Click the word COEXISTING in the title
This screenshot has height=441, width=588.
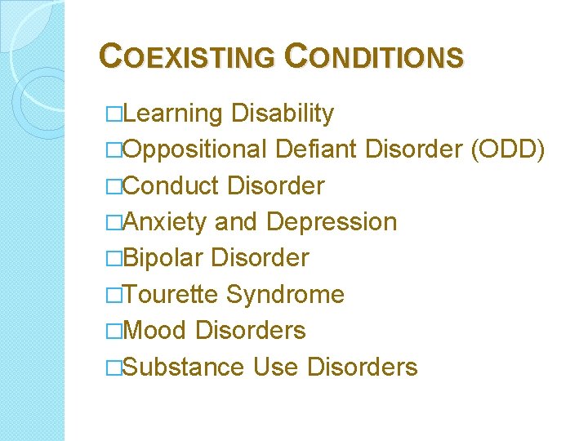pyautogui.click(x=187, y=57)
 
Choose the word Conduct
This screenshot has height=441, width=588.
pyautogui.click(x=171, y=186)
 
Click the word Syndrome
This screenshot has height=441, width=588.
pyautogui.click(x=285, y=294)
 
